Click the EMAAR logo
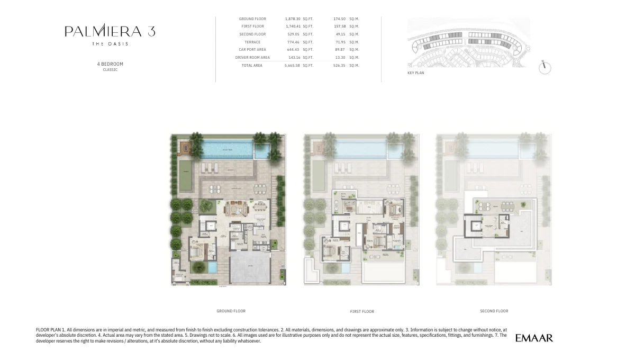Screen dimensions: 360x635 point(534,338)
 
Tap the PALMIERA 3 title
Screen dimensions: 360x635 point(110,31)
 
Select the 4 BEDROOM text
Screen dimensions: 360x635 point(110,64)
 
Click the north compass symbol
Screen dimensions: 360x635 point(545,67)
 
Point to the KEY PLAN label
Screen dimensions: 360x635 point(415,73)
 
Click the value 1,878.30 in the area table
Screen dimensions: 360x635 point(292,19)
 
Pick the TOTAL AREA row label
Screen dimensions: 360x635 point(252,66)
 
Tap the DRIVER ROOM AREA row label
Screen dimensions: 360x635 point(252,58)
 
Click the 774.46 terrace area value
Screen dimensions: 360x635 point(292,42)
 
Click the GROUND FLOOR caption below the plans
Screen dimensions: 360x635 point(231,311)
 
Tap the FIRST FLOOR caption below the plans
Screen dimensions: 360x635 point(362,312)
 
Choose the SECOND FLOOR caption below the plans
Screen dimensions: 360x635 point(494,311)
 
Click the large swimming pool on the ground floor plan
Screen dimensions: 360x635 point(228,150)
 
